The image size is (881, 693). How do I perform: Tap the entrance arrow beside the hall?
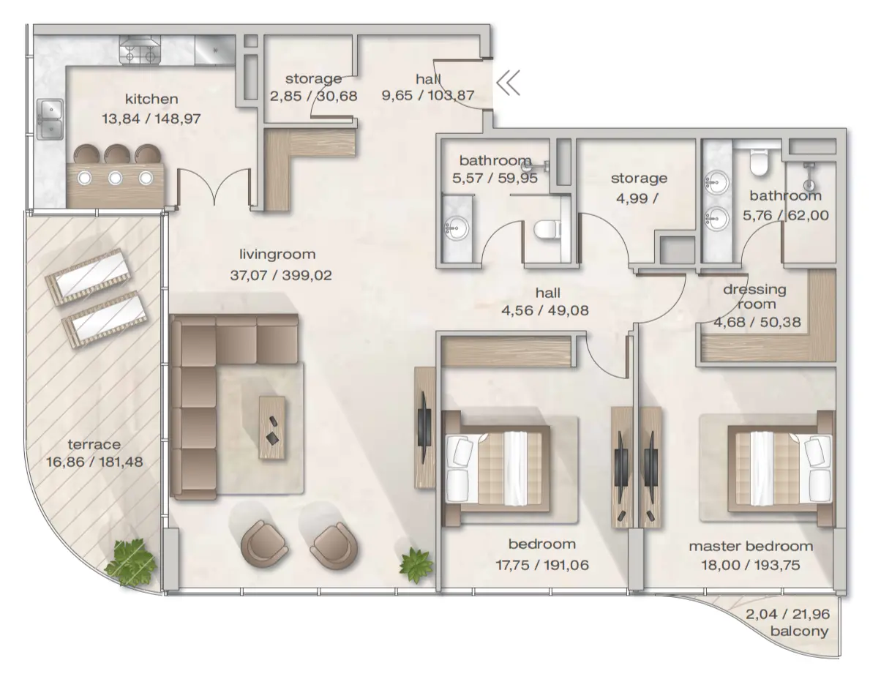click(508, 83)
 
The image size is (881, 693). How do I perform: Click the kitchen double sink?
click(50, 119)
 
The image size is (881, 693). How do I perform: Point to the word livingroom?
click(277, 255)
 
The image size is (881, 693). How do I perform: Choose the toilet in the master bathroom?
click(758, 162)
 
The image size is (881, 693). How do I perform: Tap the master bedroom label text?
click(751, 547)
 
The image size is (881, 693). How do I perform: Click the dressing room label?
click(754, 296)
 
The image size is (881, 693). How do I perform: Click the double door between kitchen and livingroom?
click(214, 188)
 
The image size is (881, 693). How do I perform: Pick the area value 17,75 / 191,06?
click(541, 564)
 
